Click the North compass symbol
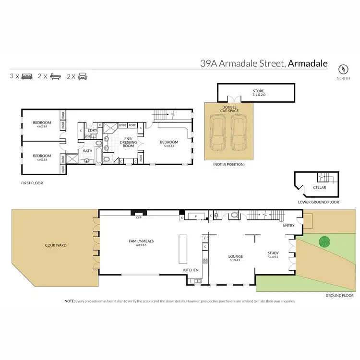pos(343,68)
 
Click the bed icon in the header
pos(27,76)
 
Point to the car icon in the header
pos(83,76)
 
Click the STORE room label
pos(259,91)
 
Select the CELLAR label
pos(319,188)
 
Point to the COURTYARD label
pos(55,245)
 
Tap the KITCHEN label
pos(191,270)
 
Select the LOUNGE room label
pos(235,256)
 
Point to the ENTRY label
pos(289,225)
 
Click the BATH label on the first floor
pos(87,151)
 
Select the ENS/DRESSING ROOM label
pos(128,143)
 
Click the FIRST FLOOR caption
pos(32,183)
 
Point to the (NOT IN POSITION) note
pos(229,165)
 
